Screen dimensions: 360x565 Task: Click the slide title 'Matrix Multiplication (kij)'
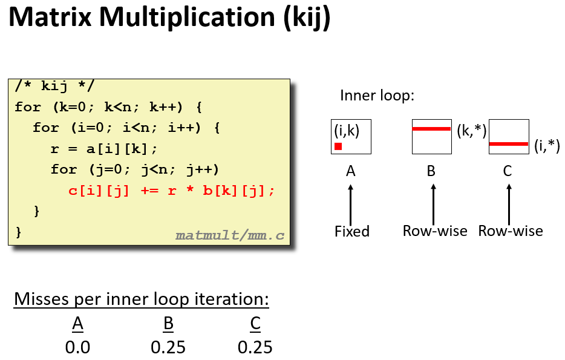[169, 19]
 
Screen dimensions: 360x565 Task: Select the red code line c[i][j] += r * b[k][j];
[172, 191]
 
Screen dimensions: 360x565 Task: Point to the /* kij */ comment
[54, 86]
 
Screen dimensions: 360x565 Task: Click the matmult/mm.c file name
[229, 235]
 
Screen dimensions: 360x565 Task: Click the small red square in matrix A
[338, 146]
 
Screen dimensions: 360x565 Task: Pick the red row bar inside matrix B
[431, 128]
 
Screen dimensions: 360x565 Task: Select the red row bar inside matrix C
[509, 144]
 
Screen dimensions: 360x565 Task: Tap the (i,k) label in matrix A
[347, 130]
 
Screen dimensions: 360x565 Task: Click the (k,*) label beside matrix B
[472, 131]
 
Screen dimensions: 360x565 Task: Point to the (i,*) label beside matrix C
[547, 145]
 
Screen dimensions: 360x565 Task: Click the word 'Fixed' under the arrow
[352, 231]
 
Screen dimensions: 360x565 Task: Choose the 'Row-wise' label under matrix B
[435, 231]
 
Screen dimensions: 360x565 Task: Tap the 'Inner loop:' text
[377, 96]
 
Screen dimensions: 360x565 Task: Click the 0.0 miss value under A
[77, 348]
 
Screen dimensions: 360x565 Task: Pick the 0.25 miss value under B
[168, 348]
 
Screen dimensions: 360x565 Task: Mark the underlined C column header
[255, 324]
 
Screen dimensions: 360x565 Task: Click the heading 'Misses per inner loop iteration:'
[142, 299]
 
